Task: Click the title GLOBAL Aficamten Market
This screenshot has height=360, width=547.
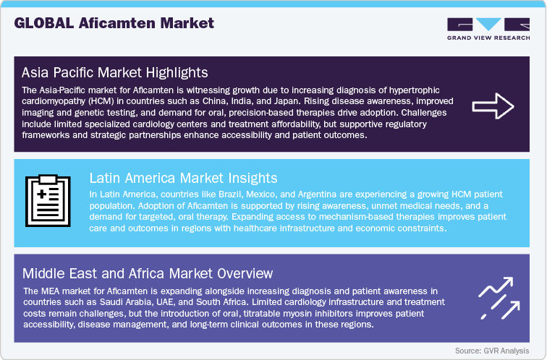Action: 114,23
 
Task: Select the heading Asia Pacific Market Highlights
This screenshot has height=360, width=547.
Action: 115,72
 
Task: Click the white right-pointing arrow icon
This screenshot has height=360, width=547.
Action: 493,106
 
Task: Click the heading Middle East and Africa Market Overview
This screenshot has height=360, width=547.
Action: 148,273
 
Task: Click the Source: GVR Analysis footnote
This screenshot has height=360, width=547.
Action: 493,351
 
